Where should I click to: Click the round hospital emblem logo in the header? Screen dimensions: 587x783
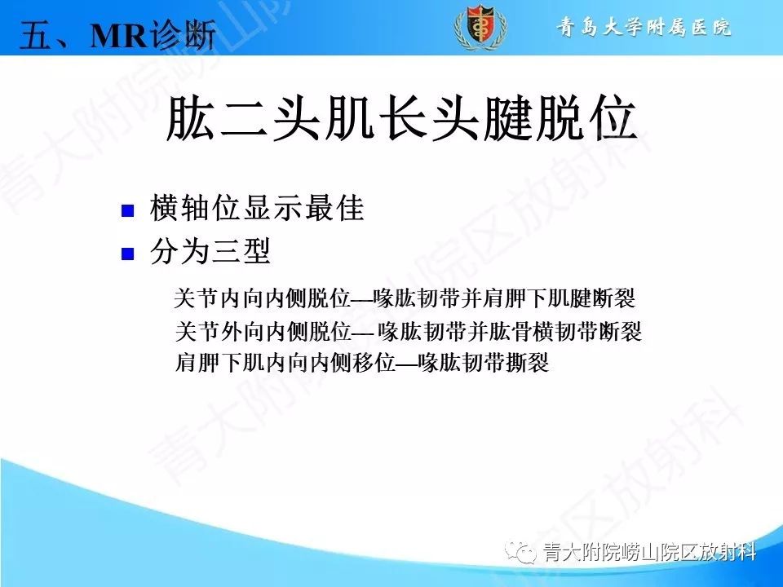[x=480, y=28]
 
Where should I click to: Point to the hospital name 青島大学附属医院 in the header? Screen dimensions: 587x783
[x=644, y=28]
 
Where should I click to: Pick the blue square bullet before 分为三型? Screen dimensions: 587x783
[x=127, y=254]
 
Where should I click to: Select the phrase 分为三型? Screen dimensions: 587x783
[x=210, y=253]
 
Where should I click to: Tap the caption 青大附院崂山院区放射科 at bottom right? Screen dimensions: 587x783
[x=648, y=553]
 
